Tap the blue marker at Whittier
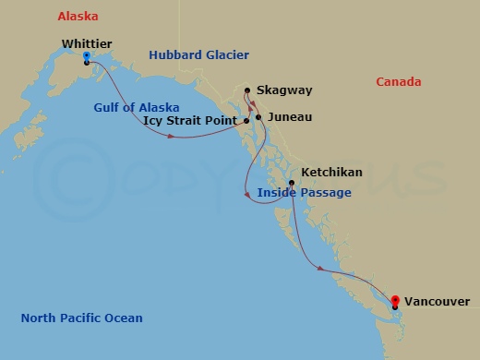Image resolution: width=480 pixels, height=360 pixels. point(86,57)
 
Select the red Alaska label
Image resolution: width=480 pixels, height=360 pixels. point(78,17)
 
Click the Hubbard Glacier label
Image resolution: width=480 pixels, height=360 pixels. point(198,55)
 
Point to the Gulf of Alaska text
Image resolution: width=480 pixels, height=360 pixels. point(136,107)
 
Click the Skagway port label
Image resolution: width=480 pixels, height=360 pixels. point(285,90)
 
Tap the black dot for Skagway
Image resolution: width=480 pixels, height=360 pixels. point(246,90)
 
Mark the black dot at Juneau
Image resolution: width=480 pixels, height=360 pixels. point(258,117)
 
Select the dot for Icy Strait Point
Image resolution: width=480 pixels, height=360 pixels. point(246,121)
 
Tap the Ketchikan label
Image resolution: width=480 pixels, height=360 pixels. point(331,172)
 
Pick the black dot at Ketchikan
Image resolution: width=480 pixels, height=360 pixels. point(292,183)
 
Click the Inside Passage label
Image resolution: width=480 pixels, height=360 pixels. point(304,193)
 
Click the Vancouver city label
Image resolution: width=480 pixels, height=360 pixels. point(436,301)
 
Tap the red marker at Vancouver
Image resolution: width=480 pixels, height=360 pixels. point(395,301)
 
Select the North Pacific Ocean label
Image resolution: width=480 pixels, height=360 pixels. point(81,318)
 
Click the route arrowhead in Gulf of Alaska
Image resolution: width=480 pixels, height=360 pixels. point(173,137)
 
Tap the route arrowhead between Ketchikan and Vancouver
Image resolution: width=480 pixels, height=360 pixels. point(320,269)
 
